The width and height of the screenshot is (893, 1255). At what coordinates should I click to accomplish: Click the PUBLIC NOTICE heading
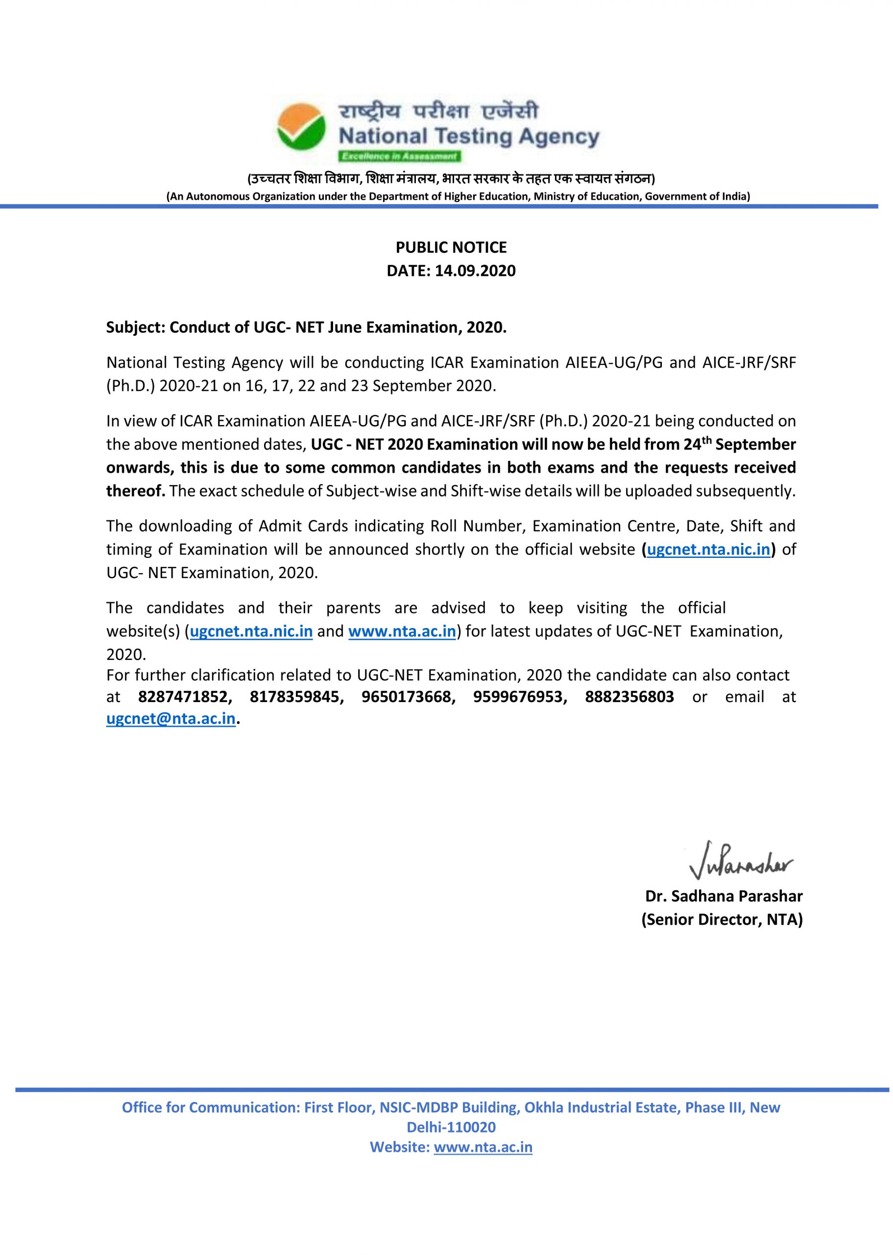point(451,248)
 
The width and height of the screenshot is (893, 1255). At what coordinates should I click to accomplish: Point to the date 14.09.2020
point(475,271)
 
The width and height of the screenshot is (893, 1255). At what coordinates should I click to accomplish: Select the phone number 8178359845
point(294,697)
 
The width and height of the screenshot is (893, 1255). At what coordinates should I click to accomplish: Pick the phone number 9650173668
point(406,697)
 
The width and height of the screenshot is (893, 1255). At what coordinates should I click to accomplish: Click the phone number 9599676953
point(517,697)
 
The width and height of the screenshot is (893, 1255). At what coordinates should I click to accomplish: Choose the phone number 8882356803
point(629,697)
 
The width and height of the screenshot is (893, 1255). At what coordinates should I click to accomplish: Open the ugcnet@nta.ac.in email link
point(170,720)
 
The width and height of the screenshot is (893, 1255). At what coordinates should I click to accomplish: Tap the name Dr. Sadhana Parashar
point(724,896)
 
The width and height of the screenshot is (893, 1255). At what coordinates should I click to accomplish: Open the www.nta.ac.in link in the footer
point(483,1148)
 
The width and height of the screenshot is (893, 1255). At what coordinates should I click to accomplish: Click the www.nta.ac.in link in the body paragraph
point(402,631)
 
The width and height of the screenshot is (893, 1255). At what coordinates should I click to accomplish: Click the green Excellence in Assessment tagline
point(399,157)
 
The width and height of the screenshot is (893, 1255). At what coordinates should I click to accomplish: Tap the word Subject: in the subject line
point(135,328)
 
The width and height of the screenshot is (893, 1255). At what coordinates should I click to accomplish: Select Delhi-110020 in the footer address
point(451,1128)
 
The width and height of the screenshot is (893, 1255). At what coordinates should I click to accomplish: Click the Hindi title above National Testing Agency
point(438,112)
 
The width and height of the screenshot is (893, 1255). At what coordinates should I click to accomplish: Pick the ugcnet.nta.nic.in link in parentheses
point(708,550)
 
